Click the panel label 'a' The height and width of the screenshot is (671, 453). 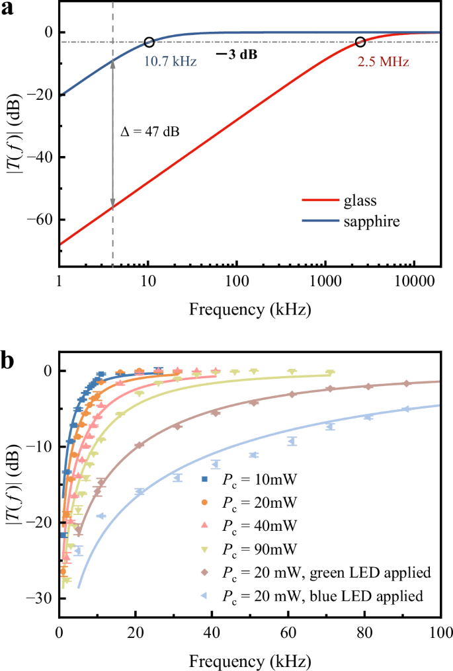pyautogui.click(x=9, y=9)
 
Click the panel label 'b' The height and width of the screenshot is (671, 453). pyautogui.click(x=10, y=362)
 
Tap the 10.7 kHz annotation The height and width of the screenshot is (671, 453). pyautogui.click(x=167, y=62)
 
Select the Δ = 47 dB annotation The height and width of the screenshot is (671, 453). pyautogui.click(x=149, y=132)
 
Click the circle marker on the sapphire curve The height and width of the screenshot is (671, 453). pyautogui.click(x=149, y=42)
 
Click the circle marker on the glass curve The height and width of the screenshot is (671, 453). pyautogui.click(x=360, y=42)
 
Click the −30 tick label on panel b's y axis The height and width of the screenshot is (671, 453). pyautogui.click(x=41, y=598)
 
